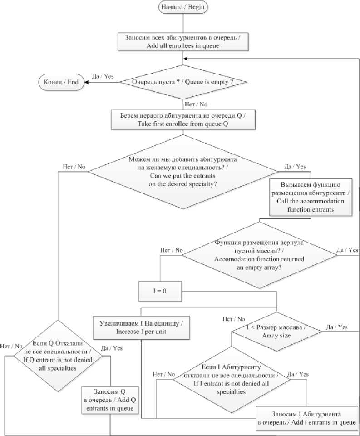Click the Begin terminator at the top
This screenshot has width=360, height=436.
click(182, 7)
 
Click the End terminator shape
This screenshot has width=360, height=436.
click(60, 82)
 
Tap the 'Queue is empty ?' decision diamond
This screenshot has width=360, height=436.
click(182, 82)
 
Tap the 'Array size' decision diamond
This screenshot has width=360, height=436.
click(276, 332)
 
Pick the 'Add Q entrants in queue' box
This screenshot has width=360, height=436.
click(110, 401)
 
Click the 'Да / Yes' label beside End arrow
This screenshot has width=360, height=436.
click(103, 76)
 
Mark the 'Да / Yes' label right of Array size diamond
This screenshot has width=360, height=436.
click(337, 327)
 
